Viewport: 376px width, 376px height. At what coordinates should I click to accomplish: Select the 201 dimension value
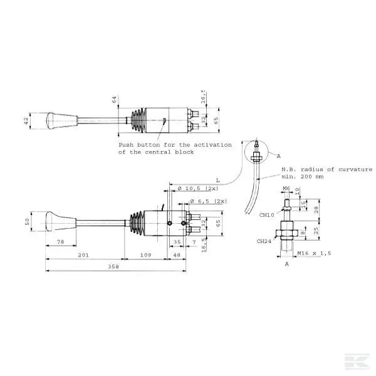(83, 255)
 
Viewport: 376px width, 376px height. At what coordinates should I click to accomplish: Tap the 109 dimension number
(145, 255)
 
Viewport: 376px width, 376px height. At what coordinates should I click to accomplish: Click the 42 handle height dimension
(26, 120)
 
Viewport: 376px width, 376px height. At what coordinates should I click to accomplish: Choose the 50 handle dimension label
(27, 222)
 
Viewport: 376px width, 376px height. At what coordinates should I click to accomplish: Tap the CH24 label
(264, 241)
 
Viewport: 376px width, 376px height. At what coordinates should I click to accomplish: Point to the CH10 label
(268, 214)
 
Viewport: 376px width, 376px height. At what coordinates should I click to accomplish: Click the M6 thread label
(286, 188)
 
